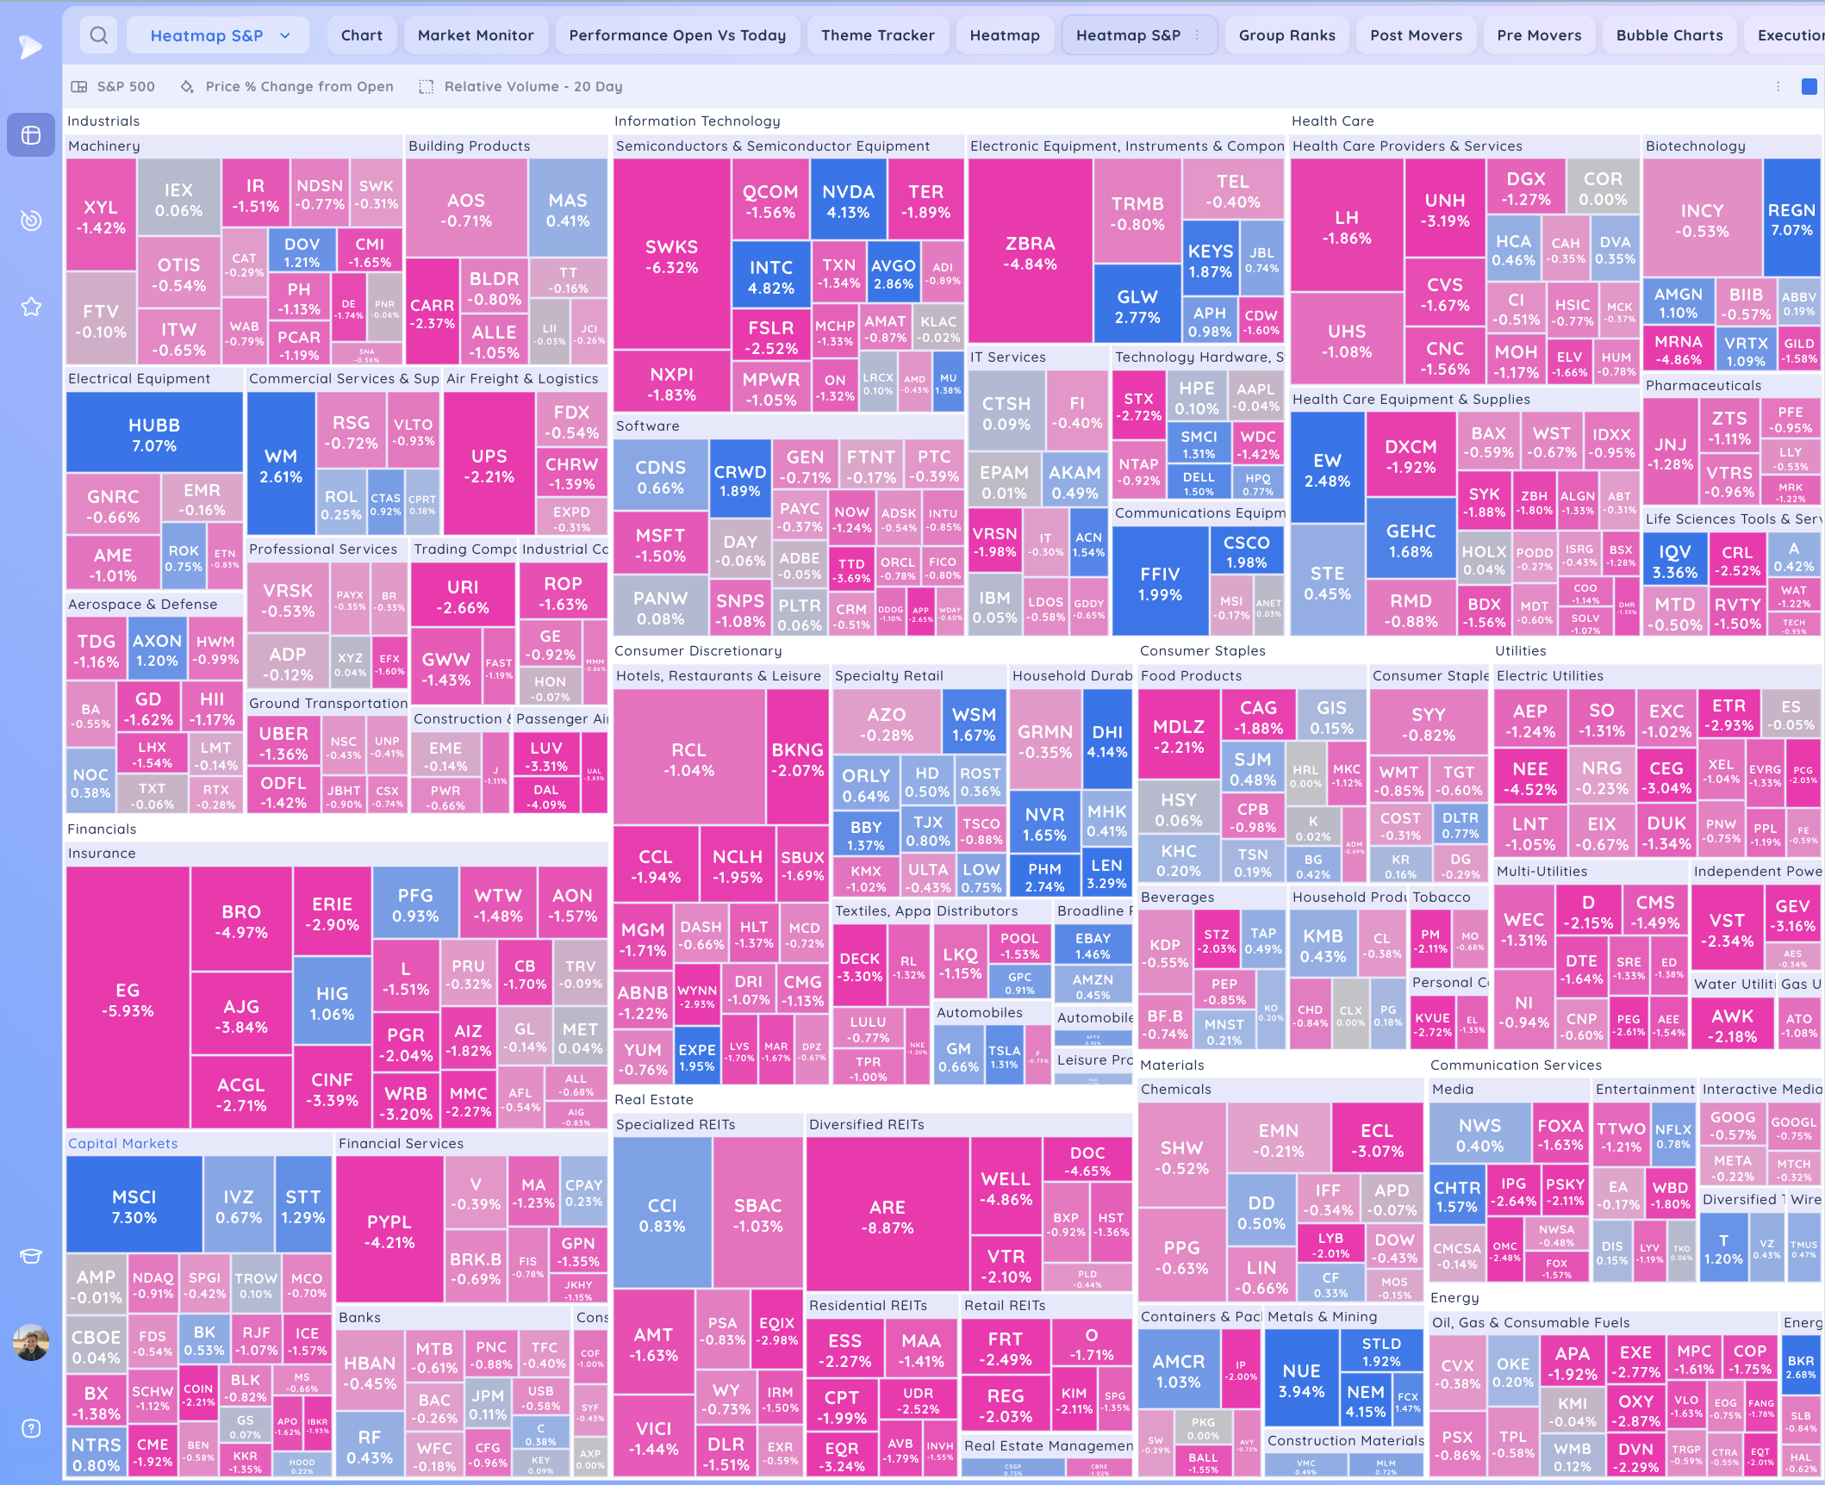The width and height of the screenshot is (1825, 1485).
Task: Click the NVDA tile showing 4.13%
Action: [848, 202]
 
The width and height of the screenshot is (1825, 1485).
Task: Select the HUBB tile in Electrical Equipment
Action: [154, 435]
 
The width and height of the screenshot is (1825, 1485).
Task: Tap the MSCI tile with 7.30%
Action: [134, 1207]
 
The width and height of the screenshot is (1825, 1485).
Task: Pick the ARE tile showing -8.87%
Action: [888, 1217]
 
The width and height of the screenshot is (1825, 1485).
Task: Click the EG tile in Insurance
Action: [128, 1000]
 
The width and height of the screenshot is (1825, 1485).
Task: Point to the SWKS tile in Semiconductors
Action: [672, 257]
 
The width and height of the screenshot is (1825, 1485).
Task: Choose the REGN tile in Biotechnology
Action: [1791, 220]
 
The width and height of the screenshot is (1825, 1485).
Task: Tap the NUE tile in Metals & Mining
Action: [1301, 1381]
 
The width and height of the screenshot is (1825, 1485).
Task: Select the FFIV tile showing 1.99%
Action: [1160, 584]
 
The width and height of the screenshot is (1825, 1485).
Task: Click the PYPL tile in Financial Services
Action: [389, 1232]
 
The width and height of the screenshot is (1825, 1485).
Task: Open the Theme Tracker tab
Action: [877, 35]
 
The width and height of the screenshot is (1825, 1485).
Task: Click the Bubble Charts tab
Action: [1669, 35]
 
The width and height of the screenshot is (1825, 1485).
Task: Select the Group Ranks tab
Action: [1286, 35]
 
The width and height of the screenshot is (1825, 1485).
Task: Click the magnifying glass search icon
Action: [99, 35]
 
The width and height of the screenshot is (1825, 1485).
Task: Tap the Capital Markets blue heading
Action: [123, 1143]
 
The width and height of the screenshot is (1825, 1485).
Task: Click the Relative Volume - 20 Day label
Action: [533, 86]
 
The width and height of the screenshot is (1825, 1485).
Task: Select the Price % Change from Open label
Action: [299, 86]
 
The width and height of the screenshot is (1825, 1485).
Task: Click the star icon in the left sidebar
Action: [31, 307]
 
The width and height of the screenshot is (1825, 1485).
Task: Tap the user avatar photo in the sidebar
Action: [31, 1342]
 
